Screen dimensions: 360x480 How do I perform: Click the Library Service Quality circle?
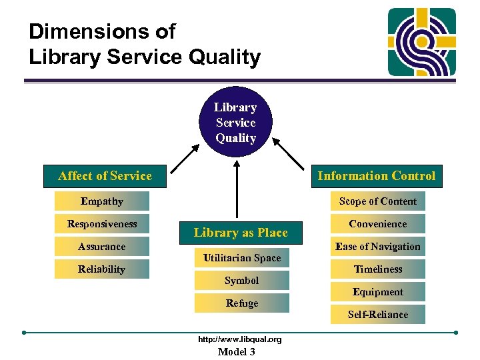click(x=235, y=123)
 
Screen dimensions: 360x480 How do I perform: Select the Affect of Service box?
click(x=105, y=176)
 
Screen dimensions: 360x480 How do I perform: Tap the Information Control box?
click(x=376, y=176)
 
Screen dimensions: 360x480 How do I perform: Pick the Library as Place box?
click(x=241, y=233)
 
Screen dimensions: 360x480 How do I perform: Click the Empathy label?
click(x=102, y=201)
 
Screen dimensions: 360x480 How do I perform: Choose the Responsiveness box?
click(x=102, y=224)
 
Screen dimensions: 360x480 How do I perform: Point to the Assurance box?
click(x=102, y=247)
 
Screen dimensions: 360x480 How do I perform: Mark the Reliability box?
click(x=102, y=269)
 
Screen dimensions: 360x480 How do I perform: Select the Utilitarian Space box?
click(x=242, y=258)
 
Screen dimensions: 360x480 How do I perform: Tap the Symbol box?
click(x=242, y=281)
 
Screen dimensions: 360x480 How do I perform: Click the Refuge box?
click(x=242, y=303)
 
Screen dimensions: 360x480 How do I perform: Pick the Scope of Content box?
click(x=378, y=201)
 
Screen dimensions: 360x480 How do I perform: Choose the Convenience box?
click(x=378, y=224)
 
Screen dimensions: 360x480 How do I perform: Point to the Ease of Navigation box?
click(x=378, y=247)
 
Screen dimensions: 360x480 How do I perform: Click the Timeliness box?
click(x=378, y=269)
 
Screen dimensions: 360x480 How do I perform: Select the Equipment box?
click(x=378, y=292)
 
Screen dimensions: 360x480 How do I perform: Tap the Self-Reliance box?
click(x=378, y=315)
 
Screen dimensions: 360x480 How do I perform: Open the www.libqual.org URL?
click(x=240, y=339)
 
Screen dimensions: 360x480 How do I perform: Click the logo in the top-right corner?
click(x=422, y=41)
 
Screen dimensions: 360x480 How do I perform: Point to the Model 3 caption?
click(x=237, y=352)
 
